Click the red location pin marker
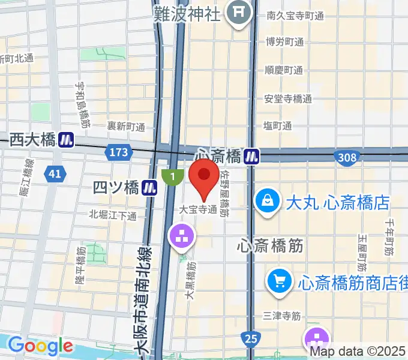click(x=204, y=178)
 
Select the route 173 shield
click(x=119, y=152)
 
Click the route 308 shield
click(x=347, y=158)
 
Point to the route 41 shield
click(x=55, y=174)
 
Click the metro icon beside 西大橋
click(x=66, y=140)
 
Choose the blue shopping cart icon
click(x=279, y=280)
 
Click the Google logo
click(x=40, y=346)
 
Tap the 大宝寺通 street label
click(x=197, y=211)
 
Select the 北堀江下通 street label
click(x=113, y=215)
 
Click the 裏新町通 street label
click(x=126, y=127)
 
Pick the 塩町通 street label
click(x=278, y=125)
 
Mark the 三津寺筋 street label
click(x=281, y=315)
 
